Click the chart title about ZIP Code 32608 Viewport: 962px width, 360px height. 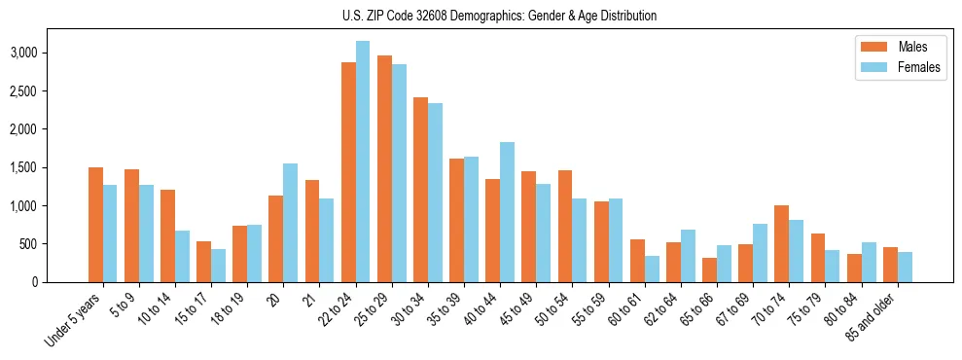pos(500,16)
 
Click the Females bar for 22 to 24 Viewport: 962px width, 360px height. pos(363,162)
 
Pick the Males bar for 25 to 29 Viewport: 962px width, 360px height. pos(384,168)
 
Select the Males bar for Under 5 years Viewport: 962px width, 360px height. pos(95,225)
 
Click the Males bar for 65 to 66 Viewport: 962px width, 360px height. pos(709,270)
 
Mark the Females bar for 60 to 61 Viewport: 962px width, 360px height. pos(652,269)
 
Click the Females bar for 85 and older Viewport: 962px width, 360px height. pos(905,267)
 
